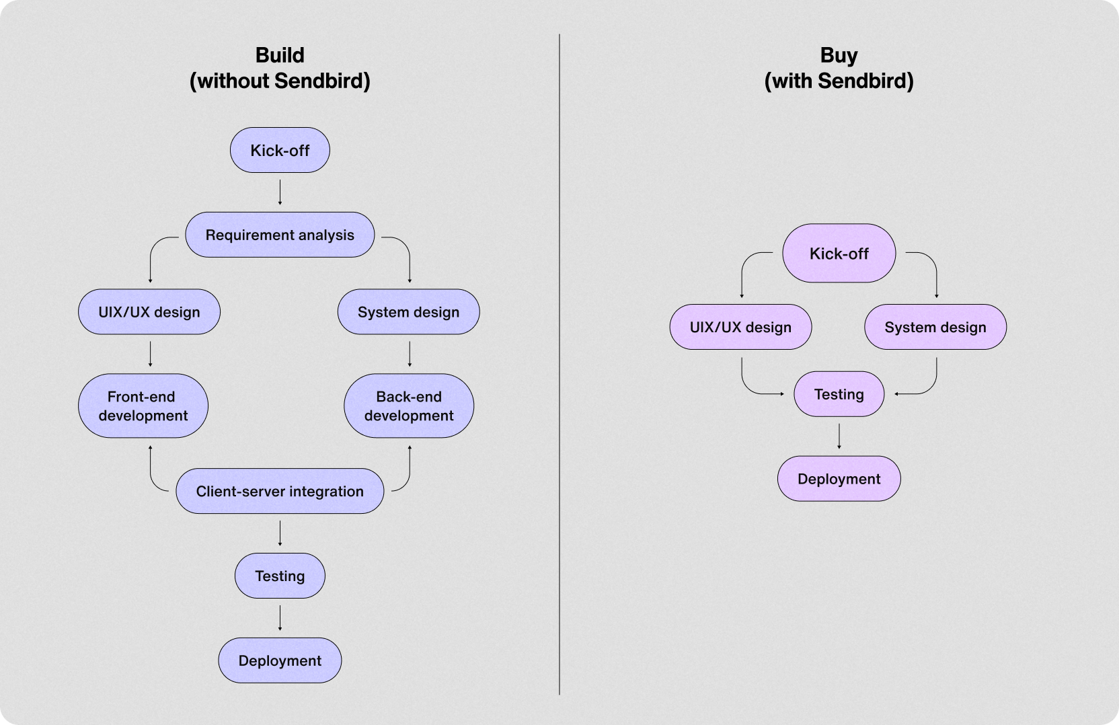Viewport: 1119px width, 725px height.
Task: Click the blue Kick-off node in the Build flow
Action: pos(280,150)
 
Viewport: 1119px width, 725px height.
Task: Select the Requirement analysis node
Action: pos(280,235)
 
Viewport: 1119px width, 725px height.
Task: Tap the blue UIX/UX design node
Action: pos(149,312)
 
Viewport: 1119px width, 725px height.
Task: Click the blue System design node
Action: pos(408,312)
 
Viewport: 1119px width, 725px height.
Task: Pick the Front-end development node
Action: pos(143,406)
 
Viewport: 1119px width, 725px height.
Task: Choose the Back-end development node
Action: pos(409,406)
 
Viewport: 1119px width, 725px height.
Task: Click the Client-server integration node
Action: pos(280,491)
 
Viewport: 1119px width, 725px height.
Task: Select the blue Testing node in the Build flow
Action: pos(280,576)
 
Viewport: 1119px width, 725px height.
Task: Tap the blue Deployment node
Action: pos(280,660)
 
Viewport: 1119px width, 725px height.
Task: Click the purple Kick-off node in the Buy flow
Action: pos(839,254)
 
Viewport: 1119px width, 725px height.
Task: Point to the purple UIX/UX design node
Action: pos(740,327)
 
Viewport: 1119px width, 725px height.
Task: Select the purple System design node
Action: pos(935,327)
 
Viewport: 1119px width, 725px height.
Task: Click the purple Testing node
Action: pos(839,394)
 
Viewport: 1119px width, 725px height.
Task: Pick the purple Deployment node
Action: pos(839,479)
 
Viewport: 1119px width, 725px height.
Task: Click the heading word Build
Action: pos(280,55)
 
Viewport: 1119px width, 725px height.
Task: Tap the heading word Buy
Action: pos(839,55)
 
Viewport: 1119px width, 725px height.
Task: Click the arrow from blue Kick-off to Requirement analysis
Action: pos(280,192)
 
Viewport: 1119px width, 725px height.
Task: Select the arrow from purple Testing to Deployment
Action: pos(839,436)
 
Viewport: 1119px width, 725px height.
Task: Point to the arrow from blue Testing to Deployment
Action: pos(280,618)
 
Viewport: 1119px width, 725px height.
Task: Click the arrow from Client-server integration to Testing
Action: pos(280,533)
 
